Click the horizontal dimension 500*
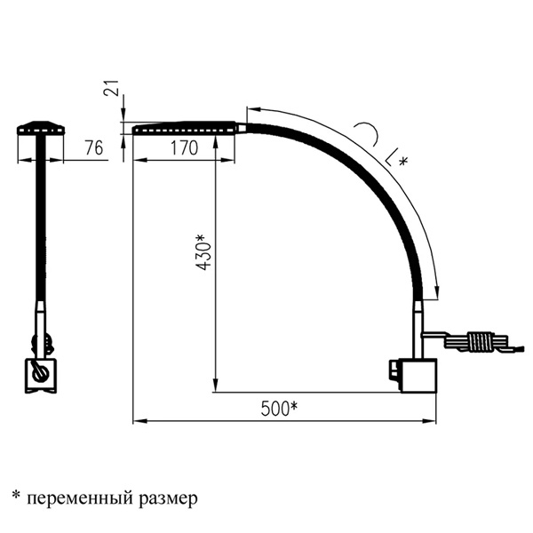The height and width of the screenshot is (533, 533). click(x=279, y=409)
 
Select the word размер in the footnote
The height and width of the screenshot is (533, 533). click(x=169, y=494)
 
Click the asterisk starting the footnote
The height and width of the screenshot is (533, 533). click(x=15, y=491)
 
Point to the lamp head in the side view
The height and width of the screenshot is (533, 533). click(x=186, y=129)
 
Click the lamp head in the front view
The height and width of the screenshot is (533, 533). click(x=41, y=127)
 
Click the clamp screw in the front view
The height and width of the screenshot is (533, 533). click(x=38, y=373)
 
